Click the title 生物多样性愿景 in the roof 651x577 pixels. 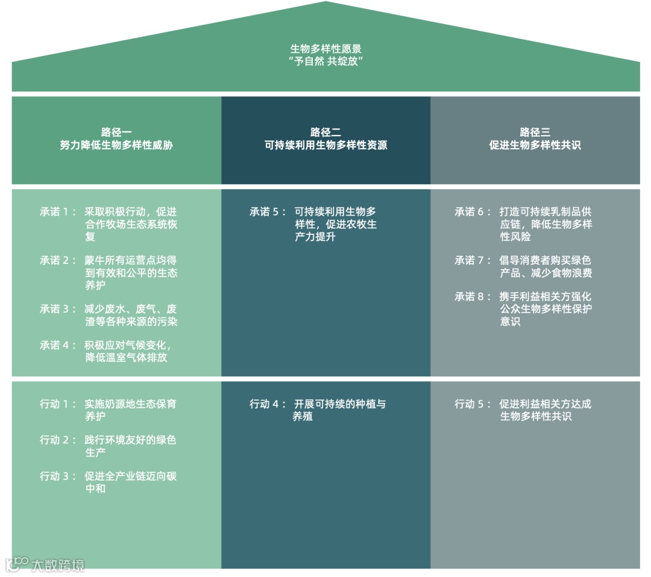(325, 49)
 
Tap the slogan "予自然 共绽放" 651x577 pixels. (325, 61)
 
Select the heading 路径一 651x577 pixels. (116, 132)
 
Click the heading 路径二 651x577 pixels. (325, 132)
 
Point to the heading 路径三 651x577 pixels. (535, 132)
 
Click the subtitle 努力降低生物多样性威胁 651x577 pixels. (116, 145)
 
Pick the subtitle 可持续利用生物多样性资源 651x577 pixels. (325, 145)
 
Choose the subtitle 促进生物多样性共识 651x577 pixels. (535, 145)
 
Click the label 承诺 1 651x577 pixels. (58, 212)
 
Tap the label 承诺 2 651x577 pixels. (58, 261)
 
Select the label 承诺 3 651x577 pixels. (58, 309)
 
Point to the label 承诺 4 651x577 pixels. (58, 345)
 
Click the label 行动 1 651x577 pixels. (58, 404)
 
